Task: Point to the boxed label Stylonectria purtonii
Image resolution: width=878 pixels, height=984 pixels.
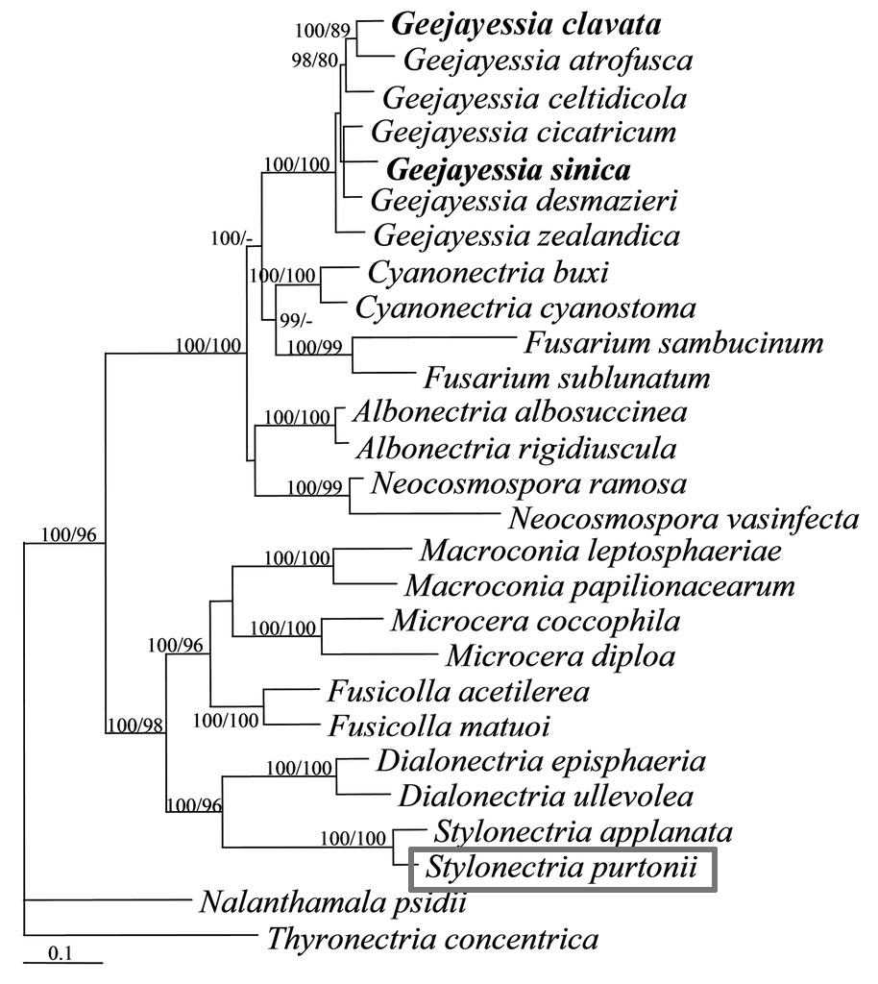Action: pos(561,870)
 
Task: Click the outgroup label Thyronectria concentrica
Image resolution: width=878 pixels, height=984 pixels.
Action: pos(431,938)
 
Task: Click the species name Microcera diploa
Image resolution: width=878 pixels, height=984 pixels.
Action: pos(560,656)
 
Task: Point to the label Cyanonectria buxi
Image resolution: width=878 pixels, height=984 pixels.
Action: pos(488,274)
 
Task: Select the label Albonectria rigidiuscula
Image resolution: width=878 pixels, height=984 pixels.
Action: pos(515,448)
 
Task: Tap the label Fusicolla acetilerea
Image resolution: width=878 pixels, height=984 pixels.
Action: pos(457,691)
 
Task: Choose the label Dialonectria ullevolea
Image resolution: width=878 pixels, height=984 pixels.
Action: pos(546,796)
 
